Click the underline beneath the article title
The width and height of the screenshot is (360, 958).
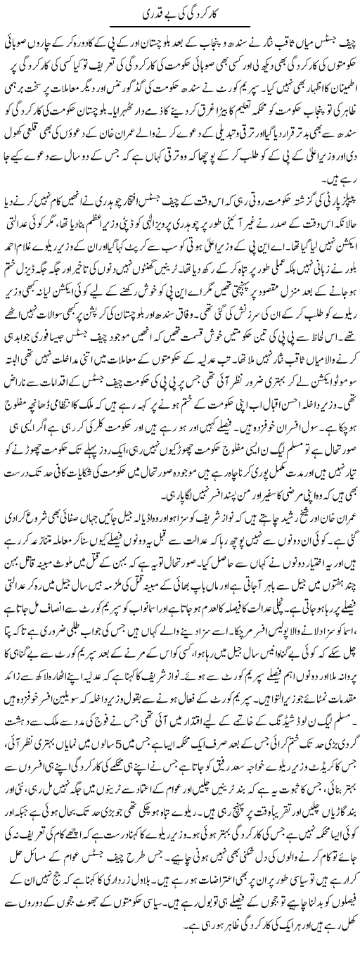pyautogui.click(x=179, y=27)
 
